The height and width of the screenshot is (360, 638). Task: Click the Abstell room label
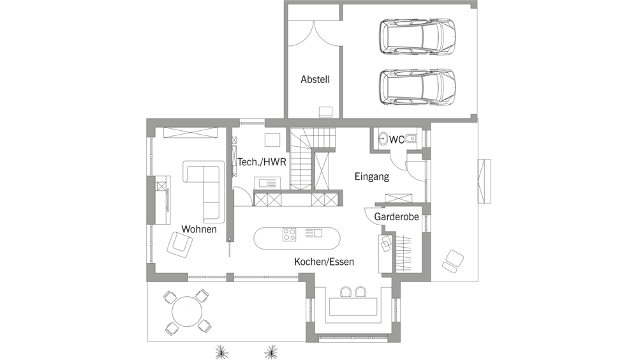[x=315, y=79]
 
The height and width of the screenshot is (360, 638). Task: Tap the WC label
[x=397, y=140]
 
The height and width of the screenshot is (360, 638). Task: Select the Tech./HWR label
[x=262, y=162]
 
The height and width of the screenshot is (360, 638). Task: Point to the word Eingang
[x=371, y=177]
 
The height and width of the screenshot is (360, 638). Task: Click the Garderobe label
[x=396, y=216]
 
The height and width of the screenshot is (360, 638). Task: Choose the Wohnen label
[x=199, y=229]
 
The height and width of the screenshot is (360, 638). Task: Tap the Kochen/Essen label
[x=324, y=262]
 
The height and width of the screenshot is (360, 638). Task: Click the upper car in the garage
[x=417, y=36]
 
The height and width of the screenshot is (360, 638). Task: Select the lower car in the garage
[x=417, y=87]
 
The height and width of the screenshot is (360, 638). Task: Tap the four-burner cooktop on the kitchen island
[x=289, y=234]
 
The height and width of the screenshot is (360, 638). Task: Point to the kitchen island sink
[x=314, y=233]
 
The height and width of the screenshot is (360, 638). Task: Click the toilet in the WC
[x=411, y=139]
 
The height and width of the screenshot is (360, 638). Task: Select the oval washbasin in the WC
[x=382, y=139]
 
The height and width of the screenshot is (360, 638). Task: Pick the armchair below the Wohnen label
[x=179, y=244]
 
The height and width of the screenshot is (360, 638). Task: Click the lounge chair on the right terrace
[x=453, y=261]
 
